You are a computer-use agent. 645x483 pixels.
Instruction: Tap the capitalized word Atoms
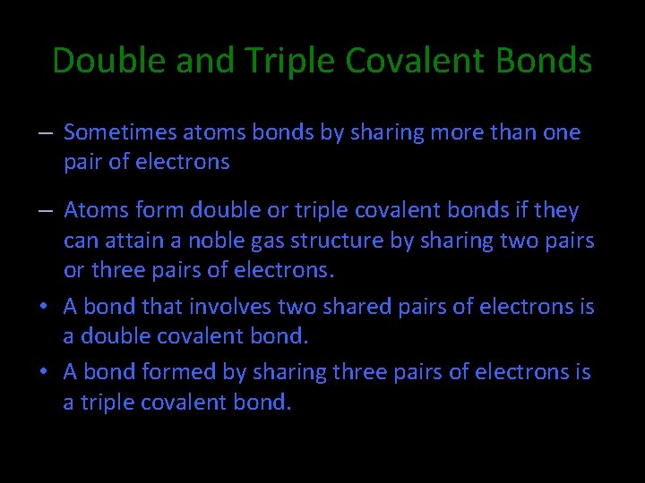(97, 210)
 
